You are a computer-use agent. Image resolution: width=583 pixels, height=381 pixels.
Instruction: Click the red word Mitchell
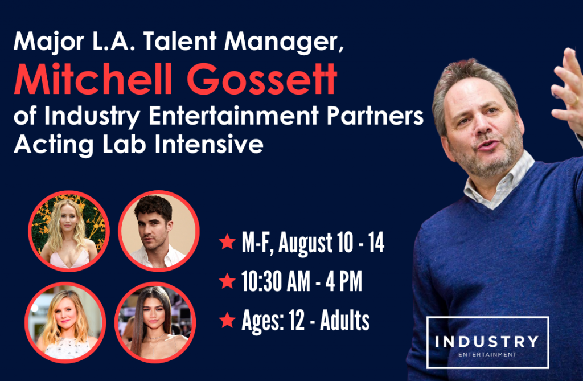tap(93, 79)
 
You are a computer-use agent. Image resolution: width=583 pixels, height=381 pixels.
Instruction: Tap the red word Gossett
tap(262, 79)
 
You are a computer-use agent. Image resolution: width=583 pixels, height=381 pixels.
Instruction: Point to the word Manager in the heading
tap(284, 42)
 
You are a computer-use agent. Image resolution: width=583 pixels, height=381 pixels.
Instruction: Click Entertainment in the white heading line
tap(233, 116)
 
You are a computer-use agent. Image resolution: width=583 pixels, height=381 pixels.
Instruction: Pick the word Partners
tap(375, 116)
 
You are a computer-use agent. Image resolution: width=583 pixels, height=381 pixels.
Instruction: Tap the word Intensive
tap(209, 144)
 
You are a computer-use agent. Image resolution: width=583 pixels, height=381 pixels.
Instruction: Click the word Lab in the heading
tap(125, 144)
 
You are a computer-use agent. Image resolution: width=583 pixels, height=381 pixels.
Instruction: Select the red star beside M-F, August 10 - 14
tap(227, 241)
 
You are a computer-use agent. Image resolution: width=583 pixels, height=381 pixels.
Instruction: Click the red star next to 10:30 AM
tap(227, 281)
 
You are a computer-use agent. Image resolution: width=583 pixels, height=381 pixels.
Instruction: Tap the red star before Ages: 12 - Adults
tap(227, 320)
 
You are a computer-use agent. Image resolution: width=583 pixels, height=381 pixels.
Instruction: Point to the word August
tap(306, 244)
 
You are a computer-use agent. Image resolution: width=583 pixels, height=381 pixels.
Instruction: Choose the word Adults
tap(344, 320)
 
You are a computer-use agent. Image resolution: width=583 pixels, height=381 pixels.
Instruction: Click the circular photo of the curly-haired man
tap(159, 231)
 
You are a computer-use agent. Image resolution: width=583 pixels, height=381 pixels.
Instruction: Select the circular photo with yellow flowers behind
tap(69, 231)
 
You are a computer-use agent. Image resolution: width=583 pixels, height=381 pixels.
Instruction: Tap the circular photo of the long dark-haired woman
tap(155, 322)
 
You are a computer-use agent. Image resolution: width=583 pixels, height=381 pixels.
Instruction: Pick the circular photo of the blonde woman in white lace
tap(65, 322)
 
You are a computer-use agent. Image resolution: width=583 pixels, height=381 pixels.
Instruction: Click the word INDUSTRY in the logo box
tap(487, 341)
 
